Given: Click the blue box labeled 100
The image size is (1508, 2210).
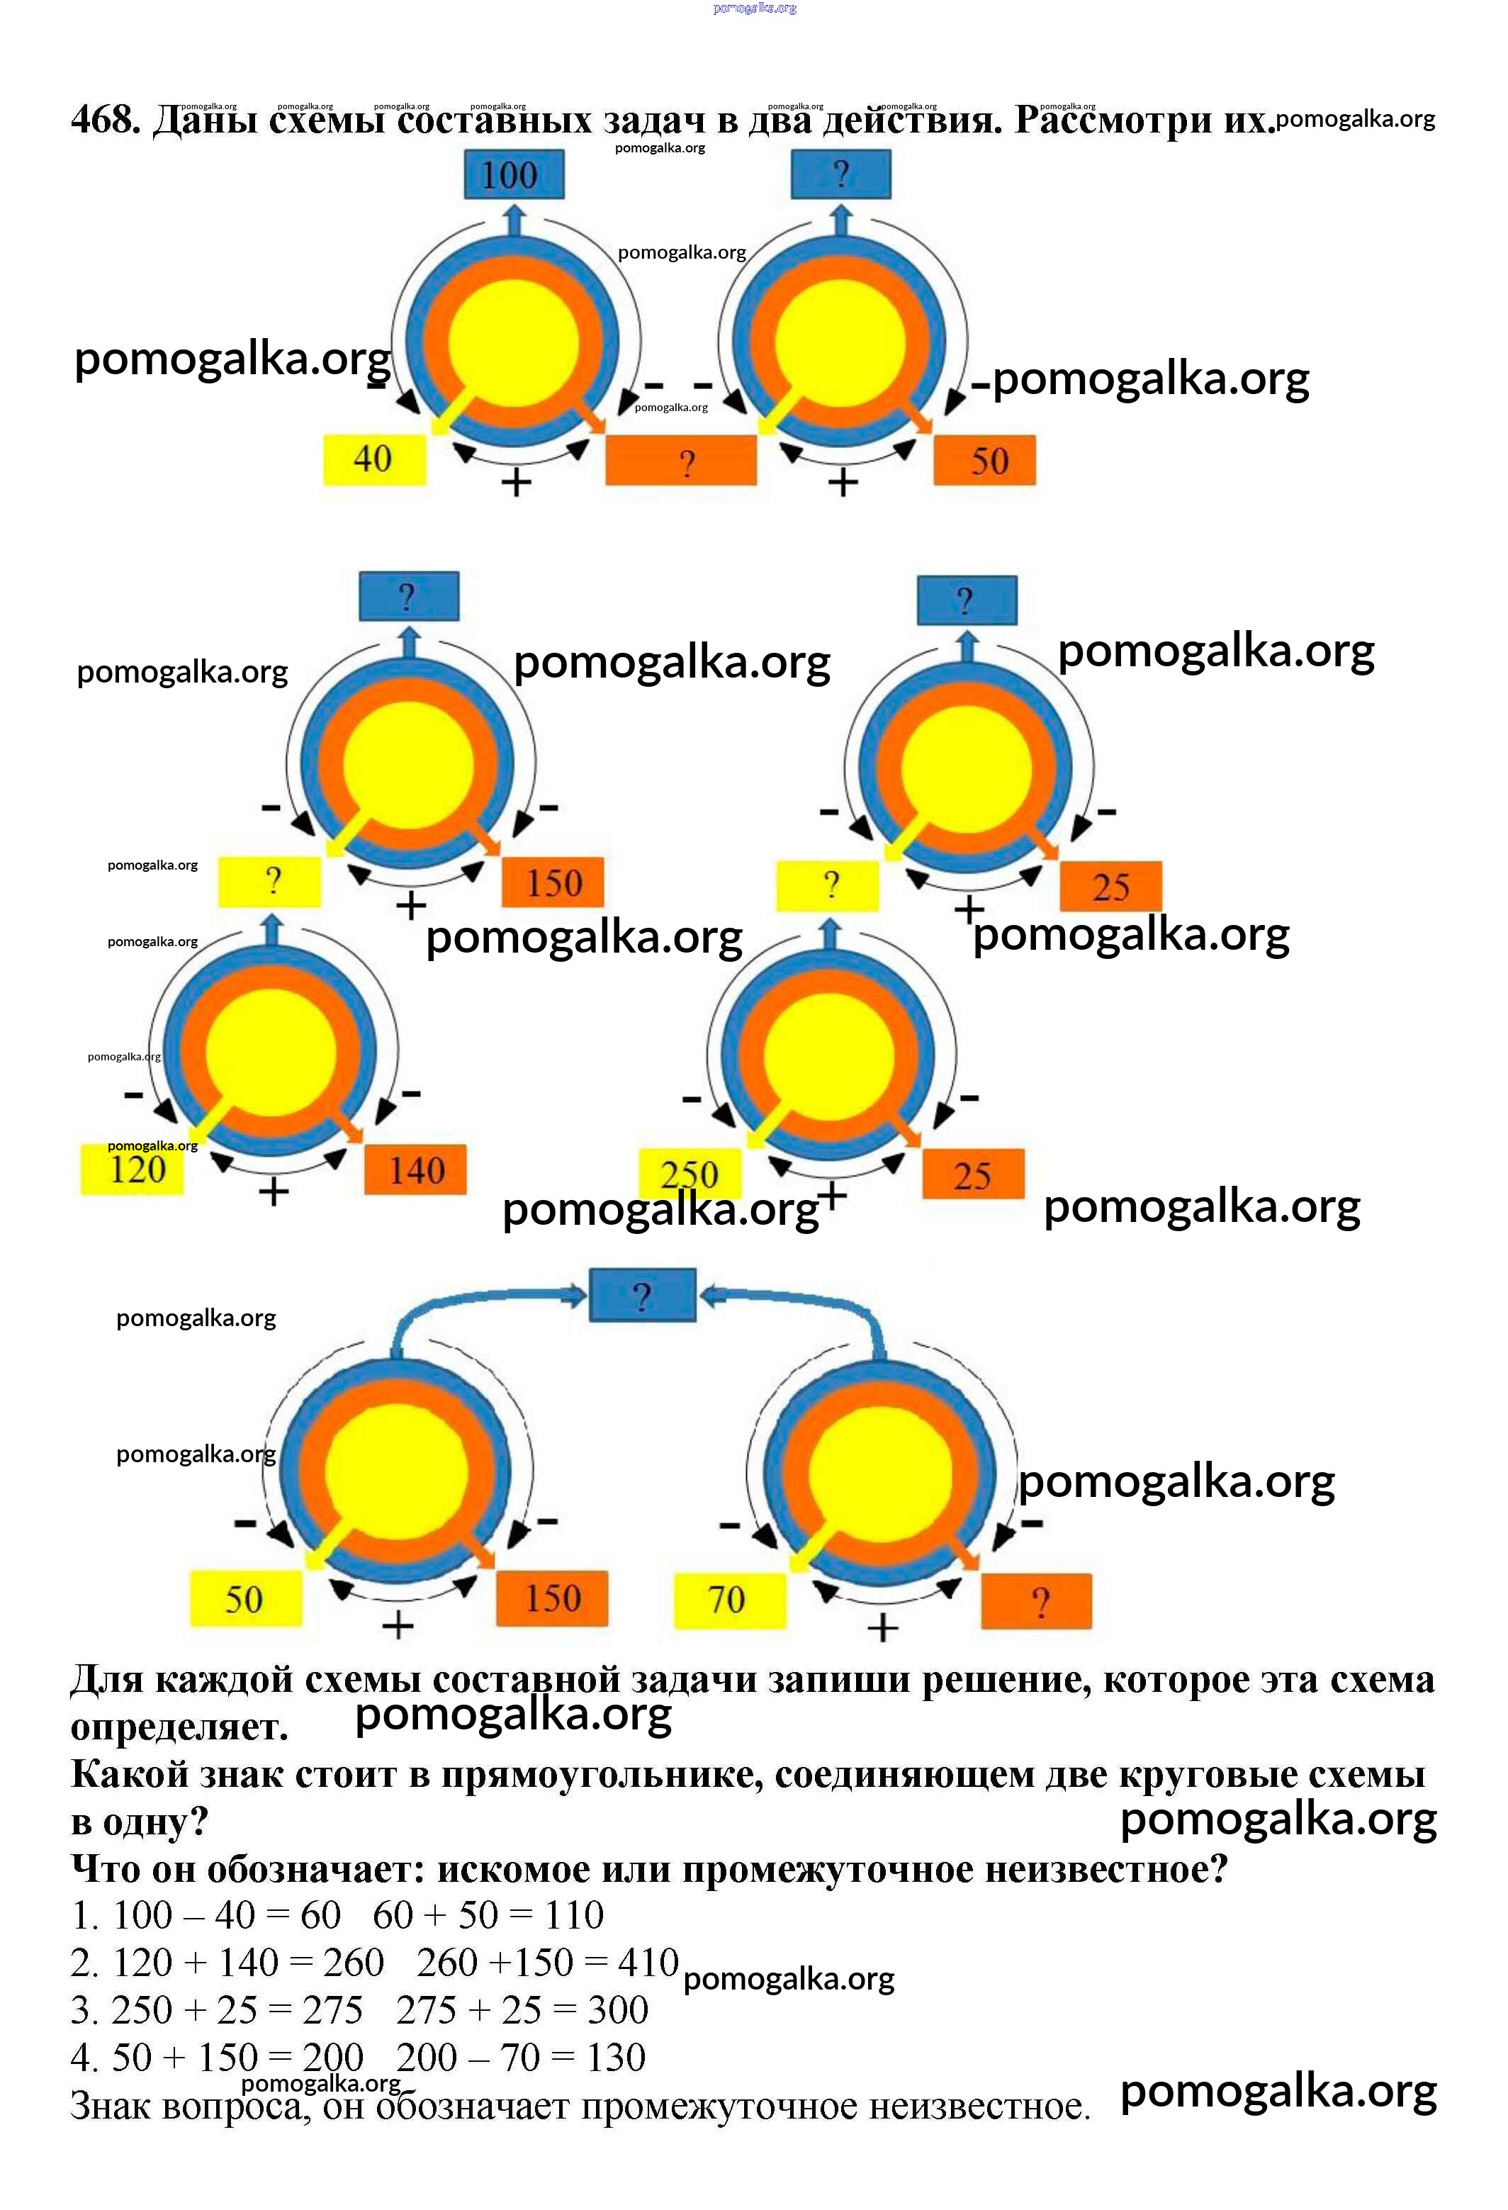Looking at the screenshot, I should pyautogui.click(x=514, y=175).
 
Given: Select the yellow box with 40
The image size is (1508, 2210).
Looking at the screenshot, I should pyautogui.click(x=373, y=459).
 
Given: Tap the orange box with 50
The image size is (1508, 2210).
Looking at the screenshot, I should pyautogui.click(x=985, y=461).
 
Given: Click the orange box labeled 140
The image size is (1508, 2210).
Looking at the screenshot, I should pyautogui.click(x=415, y=1169).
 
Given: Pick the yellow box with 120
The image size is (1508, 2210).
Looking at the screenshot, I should pyautogui.click(x=133, y=1169).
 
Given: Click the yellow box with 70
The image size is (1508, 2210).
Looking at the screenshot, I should pyautogui.click(x=728, y=1600).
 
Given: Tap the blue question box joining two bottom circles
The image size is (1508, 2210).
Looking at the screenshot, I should pyautogui.click(x=643, y=1295).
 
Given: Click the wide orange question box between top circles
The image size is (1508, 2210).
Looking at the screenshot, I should pyautogui.click(x=682, y=461).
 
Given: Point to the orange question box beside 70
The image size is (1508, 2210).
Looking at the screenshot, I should pyautogui.click(x=1037, y=1601).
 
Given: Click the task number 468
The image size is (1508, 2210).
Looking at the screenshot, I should pyautogui.click(x=105, y=120).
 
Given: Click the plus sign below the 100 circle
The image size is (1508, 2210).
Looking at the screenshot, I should pyautogui.click(x=517, y=483).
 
